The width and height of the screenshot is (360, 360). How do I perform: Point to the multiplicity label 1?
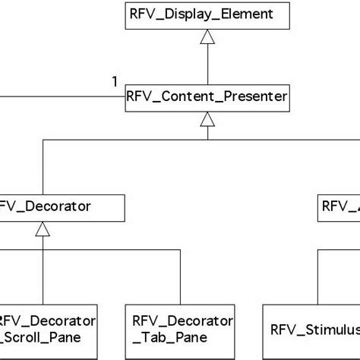pyautogui.click(x=115, y=82)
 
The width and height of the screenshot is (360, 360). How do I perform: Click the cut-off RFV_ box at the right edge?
pyautogui.click(x=339, y=205)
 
